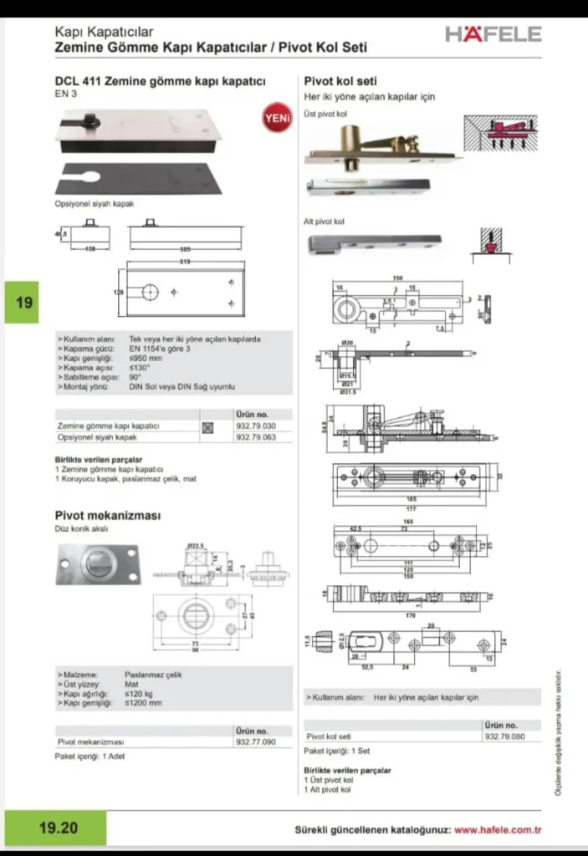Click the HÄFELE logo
point(493,34)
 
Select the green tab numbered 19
point(24,302)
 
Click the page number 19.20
point(58,828)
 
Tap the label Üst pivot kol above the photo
point(325,113)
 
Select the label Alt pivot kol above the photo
point(324,222)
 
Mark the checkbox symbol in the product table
point(208,427)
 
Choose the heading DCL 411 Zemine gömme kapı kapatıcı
point(160,81)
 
